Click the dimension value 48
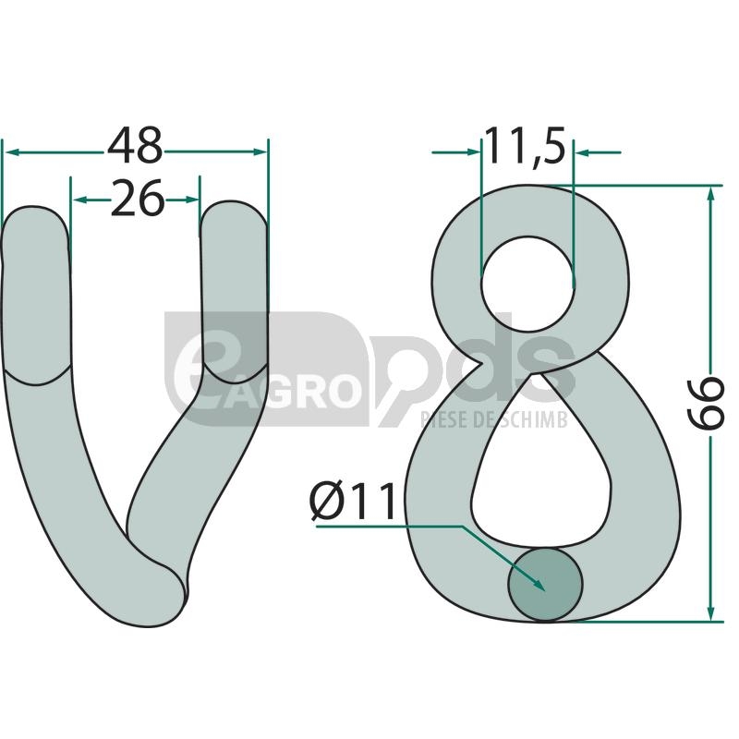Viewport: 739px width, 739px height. [135, 145]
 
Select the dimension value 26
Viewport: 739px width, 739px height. [137, 199]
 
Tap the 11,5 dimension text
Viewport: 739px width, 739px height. [525, 146]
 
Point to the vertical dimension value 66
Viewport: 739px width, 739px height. [706, 403]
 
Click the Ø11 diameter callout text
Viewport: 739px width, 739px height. [353, 501]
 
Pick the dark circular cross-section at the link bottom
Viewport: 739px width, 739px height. [545, 585]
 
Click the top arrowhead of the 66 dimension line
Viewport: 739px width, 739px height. [711, 194]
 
